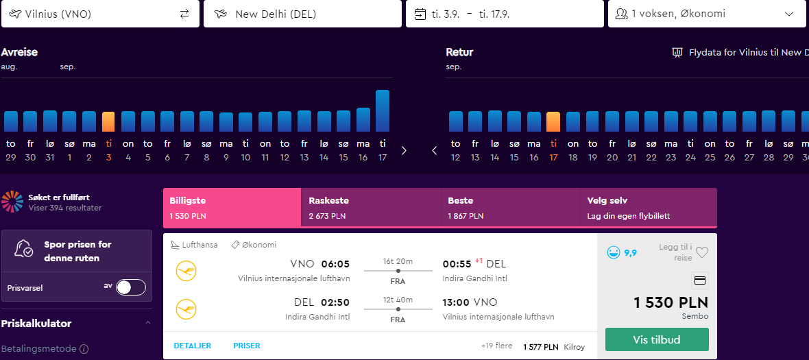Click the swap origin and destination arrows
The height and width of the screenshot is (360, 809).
(x=184, y=14)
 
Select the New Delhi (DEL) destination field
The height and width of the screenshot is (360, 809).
(x=302, y=14)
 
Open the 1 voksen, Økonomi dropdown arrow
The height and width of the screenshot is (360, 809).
(x=789, y=14)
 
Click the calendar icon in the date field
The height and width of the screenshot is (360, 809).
(x=420, y=14)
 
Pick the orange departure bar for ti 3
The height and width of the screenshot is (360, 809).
(x=108, y=122)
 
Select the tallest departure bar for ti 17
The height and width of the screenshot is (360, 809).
(x=383, y=111)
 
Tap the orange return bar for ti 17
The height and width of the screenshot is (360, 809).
(x=553, y=122)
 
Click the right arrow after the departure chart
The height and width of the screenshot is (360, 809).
(x=404, y=151)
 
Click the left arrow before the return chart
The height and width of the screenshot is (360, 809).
(x=435, y=151)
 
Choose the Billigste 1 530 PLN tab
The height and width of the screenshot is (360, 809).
(x=232, y=207)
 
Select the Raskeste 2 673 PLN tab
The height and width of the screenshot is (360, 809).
(x=371, y=207)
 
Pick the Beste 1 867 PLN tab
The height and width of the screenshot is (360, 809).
(x=510, y=207)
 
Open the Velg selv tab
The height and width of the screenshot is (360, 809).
(x=649, y=207)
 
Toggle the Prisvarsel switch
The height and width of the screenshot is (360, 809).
(x=131, y=287)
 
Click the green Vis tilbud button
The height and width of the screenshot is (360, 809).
(x=657, y=339)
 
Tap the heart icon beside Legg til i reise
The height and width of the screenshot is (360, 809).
(x=701, y=252)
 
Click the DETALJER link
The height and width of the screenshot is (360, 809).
(x=193, y=346)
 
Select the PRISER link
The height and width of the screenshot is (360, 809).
(x=247, y=346)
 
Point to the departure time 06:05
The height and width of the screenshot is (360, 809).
(x=335, y=264)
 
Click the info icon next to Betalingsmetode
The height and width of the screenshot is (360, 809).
(x=84, y=349)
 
